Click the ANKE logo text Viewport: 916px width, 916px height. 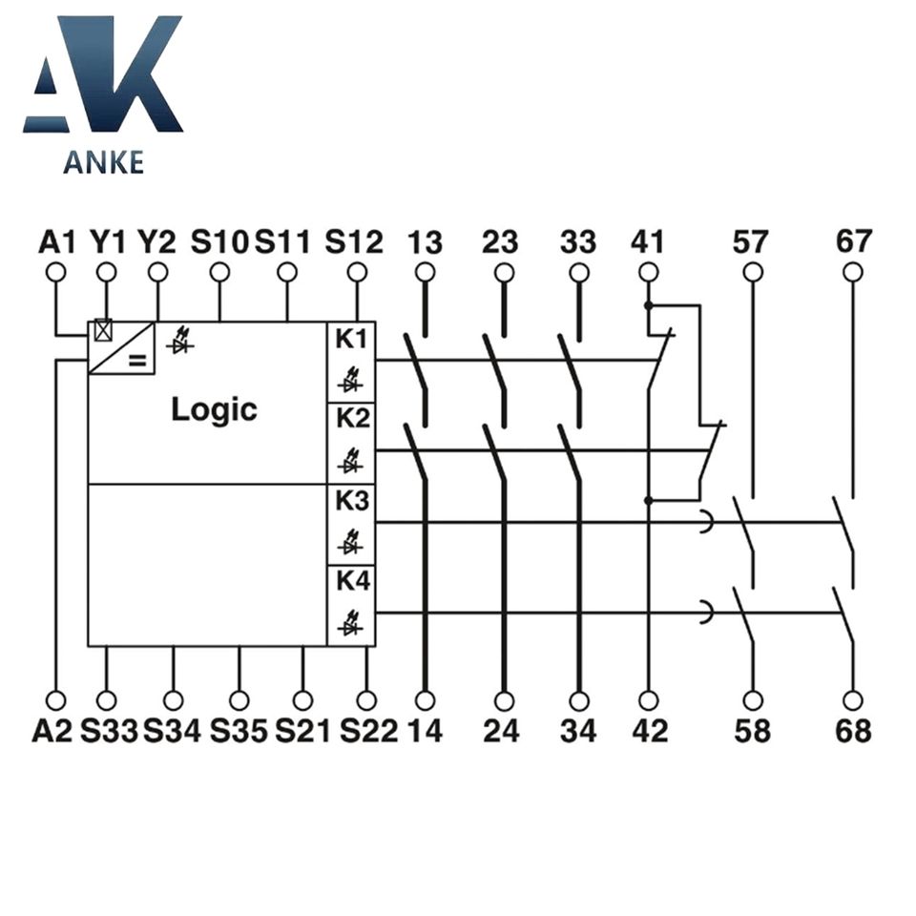(103, 161)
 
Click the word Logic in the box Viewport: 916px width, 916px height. (214, 410)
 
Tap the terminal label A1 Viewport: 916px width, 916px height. (56, 241)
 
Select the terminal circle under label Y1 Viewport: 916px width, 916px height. (107, 273)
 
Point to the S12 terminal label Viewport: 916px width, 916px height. (354, 241)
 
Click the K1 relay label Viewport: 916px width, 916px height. (351, 339)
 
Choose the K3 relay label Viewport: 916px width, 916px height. (351, 501)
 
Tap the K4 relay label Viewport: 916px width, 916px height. (351, 582)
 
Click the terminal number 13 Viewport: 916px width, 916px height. (426, 242)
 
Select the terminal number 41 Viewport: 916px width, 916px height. (648, 242)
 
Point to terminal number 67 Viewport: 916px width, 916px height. (853, 242)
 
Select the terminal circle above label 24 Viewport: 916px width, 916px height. (503, 700)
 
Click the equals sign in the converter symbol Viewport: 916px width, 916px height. (137, 360)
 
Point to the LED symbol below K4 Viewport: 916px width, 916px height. (349, 628)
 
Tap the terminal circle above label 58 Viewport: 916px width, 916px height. (754, 700)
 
